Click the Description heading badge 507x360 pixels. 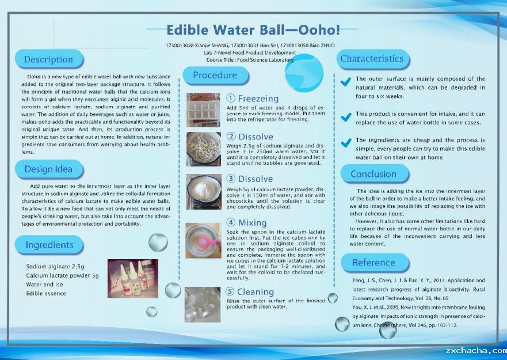point(49,59)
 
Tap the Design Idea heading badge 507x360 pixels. point(49,169)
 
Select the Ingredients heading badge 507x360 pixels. point(49,245)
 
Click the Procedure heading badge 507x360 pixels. point(216,75)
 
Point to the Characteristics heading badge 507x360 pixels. point(373,59)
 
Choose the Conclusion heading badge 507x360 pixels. point(375,174)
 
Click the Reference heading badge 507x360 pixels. point(375,263)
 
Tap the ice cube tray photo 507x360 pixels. point(203,110)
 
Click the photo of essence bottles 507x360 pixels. point(133,278)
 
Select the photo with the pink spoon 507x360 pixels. point(203,241)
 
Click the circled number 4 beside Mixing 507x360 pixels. point(231,222)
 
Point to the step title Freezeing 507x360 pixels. point(258,98)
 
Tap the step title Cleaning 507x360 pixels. point(256,292)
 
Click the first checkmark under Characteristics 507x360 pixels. point(346,82)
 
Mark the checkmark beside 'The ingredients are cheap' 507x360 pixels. point(346,142)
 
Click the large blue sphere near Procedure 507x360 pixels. point(304,73)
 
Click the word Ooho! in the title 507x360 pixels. point(319,30)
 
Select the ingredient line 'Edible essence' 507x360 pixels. point(46,294)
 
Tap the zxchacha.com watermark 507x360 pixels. point(476,351)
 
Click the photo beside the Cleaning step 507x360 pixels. point(203,305)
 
